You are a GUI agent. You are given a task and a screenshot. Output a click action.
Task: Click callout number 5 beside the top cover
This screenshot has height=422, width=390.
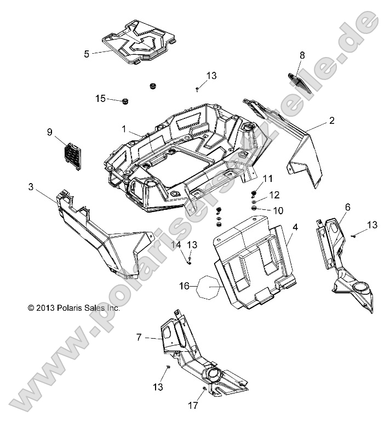tap(87, 54)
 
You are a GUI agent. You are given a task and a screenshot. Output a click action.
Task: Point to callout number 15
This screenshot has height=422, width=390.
tap(100, 98)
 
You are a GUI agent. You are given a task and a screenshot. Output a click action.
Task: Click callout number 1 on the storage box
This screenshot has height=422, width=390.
tap(124, 129)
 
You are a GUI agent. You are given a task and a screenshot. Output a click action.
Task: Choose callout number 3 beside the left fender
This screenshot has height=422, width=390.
tap(31, 187)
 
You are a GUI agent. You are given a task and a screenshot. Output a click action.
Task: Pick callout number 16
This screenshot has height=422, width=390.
tap(185, 286)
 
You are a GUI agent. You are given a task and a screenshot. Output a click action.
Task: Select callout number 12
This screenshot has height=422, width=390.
tap(274, 195)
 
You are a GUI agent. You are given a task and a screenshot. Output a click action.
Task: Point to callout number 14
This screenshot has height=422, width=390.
tap(177, 244)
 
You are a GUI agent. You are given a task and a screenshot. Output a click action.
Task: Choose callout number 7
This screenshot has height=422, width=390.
tap(139, 338)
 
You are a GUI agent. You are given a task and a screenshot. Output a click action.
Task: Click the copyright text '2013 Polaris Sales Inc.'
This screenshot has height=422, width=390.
tap(74, 308)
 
